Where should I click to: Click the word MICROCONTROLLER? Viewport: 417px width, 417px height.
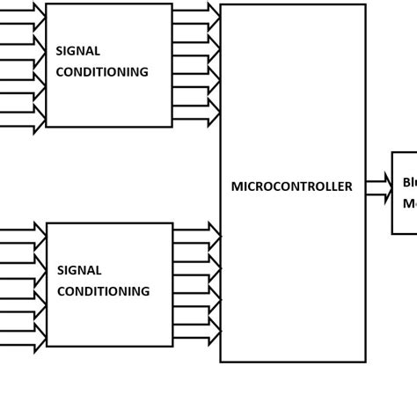tap(291, 187)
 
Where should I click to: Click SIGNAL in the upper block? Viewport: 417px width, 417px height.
tap(77, 51)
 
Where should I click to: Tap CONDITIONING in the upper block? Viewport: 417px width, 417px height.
tap(102, 72)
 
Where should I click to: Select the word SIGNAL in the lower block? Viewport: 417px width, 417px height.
tap(79, 270)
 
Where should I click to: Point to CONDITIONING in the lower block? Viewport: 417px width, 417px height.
tap(103, 291)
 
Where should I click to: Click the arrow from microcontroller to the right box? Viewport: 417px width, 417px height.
tap(378, 187)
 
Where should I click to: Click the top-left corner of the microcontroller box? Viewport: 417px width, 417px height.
tap(221, 5)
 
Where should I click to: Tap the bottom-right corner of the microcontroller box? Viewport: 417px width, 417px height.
tap(365, 361)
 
